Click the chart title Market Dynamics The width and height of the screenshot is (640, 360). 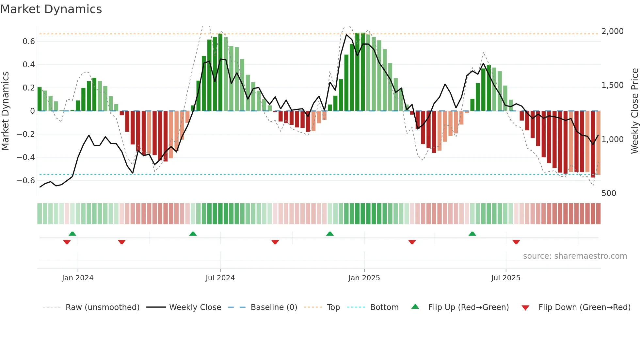pyautogui.click(x=51, y=9)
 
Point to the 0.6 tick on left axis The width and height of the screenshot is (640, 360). pyautogui.click(x=29, y=41)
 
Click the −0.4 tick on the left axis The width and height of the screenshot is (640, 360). pyautogui.click(x=26, y=157)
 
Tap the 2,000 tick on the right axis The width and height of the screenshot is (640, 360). pyautogui.click(x=612, y=31)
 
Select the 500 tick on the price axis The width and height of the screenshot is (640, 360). pyautogui.click(x=609, y=193)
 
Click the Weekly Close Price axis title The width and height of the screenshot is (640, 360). pyautogui.click(x=634, y=111)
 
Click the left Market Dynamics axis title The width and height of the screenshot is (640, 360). pyautogui.click(x=5, y=111)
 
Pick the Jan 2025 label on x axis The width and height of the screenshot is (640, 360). pyautogui.click(x=364, y=278)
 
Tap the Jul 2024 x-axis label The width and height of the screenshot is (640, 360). pyautogui.click(x=220, y=278)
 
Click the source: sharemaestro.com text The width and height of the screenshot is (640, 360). pyautogui.click(x=575, y=256)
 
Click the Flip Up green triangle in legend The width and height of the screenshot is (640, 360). pyautogui.click(x=415, y=306)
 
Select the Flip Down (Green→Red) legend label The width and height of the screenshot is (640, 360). pyautogui.click(x=584, y=307)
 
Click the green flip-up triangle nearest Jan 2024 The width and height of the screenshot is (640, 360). pyautogui.click(x=72, y=234)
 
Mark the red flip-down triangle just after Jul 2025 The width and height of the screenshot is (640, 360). pyautogui.click(x=516, y=242)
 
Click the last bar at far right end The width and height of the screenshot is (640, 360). pyautogui.click(x=598, y=143)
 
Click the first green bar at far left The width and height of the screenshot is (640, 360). pyautogui.click(x=40, y=99)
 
